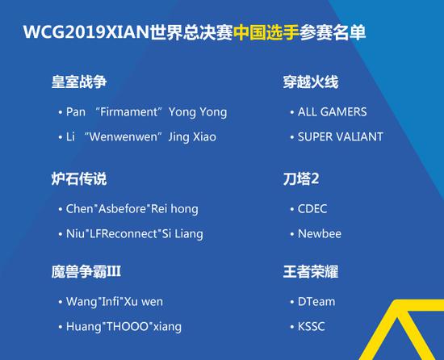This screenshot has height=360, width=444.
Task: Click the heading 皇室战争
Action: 79,82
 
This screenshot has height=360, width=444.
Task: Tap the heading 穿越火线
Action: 310,82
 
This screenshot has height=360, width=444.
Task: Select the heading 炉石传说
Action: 79,178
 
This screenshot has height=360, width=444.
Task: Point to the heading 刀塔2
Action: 303,178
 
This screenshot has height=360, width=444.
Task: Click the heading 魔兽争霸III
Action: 86,272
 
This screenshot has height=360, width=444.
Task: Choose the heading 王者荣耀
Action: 310,272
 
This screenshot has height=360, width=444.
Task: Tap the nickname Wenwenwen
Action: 124,136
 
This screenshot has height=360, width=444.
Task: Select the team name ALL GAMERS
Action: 332,112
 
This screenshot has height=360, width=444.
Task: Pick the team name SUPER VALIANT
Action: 340,136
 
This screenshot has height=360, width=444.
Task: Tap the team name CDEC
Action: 313,208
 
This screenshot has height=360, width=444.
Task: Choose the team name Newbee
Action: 320,233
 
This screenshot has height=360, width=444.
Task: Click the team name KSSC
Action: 312,327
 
